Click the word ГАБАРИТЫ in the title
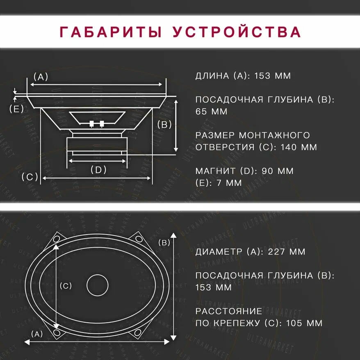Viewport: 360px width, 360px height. pos(110,32)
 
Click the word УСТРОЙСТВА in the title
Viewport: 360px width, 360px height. pos(237,32)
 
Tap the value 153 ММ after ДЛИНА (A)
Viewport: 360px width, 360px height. pos(272,76)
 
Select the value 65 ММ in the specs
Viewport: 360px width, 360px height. pos(211,112)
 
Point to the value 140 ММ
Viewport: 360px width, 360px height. pos(298,147)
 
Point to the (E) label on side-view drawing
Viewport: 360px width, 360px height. pos(16,109)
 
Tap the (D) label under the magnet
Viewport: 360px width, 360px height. pos(98,170)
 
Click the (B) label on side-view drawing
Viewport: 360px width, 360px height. pos(164,125)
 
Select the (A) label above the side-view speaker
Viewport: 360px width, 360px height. pos(41,76)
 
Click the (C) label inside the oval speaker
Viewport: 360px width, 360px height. pos(66,286)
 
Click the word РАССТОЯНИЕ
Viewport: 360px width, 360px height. pos(229,311)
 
